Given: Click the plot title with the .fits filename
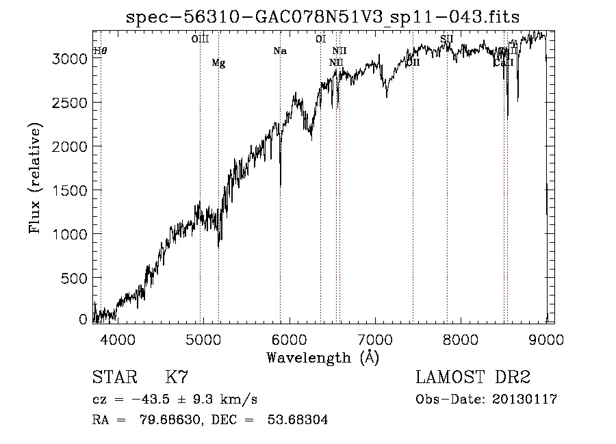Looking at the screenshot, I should (328, 17).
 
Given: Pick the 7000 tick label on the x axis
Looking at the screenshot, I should (374, 339).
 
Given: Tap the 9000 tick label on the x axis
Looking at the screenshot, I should (546, 339).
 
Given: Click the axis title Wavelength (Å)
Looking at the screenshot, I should (322, 357).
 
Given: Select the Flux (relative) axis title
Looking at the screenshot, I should (35, 177).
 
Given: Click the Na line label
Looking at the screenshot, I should (279, 51).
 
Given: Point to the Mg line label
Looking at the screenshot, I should (218, 63).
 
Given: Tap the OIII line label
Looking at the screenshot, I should (200, 39).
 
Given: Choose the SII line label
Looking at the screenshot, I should (447, 39).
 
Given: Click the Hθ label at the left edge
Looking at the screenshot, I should (100, 51).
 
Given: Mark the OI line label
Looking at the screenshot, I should (320, 39).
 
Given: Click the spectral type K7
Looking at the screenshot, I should (177, 378).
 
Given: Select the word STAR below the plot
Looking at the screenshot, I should (114, 378).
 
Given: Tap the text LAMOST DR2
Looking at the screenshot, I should (473, 378).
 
